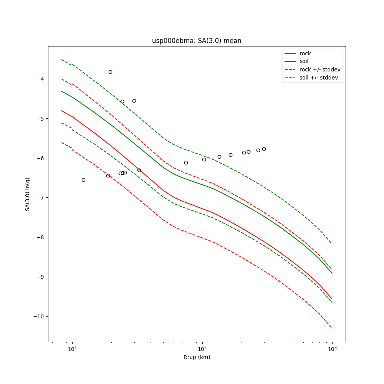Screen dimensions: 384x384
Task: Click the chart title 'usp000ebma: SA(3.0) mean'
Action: [x=197, y=41]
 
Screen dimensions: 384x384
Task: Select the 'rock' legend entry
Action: [x=305, y=53]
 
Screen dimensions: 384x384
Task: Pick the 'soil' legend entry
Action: [x=304, y=61]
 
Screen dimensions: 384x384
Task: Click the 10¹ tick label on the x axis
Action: [x=72, y=348]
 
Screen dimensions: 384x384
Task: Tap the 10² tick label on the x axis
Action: [x=202, y=348]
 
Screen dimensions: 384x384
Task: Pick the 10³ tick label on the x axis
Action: [x=332, y=348]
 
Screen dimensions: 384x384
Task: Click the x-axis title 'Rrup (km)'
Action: [x=197, y=357]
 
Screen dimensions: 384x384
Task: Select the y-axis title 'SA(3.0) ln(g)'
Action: [x=28, y=194]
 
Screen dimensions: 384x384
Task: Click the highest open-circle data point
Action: [x=110, y=72]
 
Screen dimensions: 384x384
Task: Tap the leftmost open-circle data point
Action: [x=83, y=180]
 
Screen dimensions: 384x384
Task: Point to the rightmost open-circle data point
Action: [x=264, y=149]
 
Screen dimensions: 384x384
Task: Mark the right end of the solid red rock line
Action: [x=332, y=299]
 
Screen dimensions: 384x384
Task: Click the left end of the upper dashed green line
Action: [x=61, y=60]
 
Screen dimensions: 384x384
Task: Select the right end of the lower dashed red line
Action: [x=332, y=328]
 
